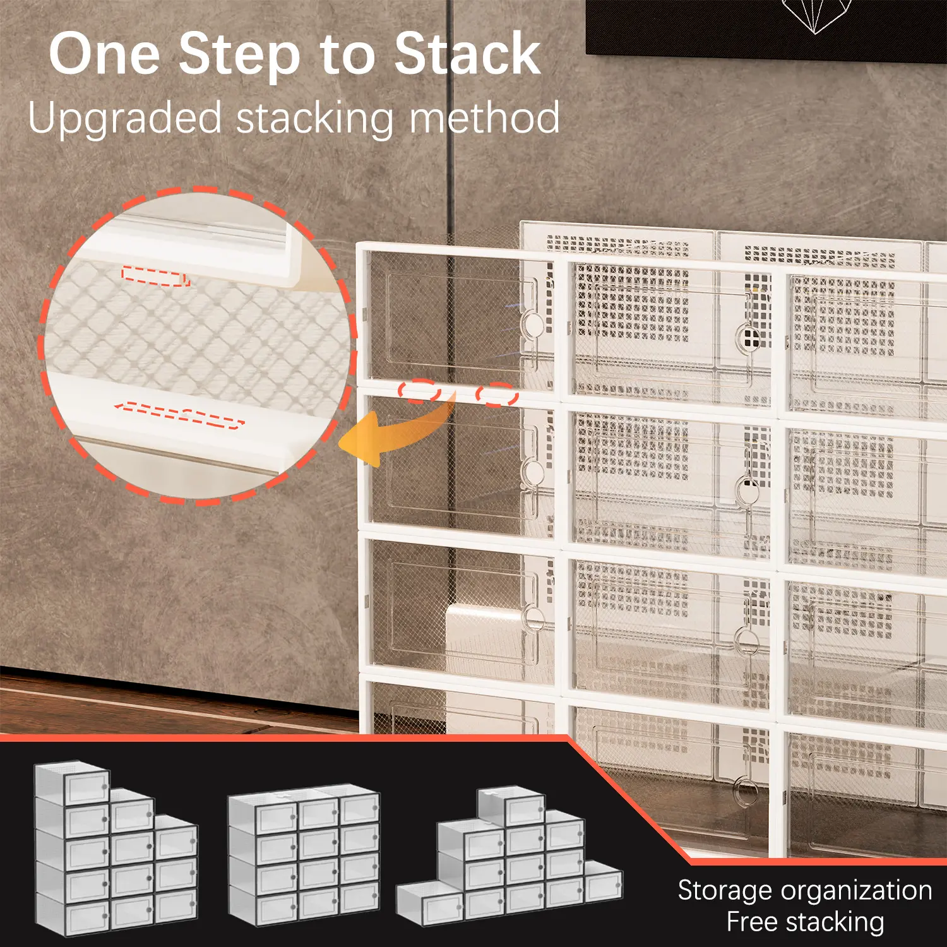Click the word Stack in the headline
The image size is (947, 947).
[467, 54]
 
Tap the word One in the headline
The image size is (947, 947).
[105, 54]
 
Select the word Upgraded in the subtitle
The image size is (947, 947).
[125, 120]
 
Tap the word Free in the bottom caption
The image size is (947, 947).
[751, 922]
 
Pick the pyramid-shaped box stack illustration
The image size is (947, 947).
[509, 855]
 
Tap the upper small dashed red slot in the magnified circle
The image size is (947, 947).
[156, 277]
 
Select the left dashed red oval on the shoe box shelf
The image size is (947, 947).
[419, 391]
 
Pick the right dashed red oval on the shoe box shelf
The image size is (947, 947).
[497, 395]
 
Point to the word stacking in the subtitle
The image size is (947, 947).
[315, 120]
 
